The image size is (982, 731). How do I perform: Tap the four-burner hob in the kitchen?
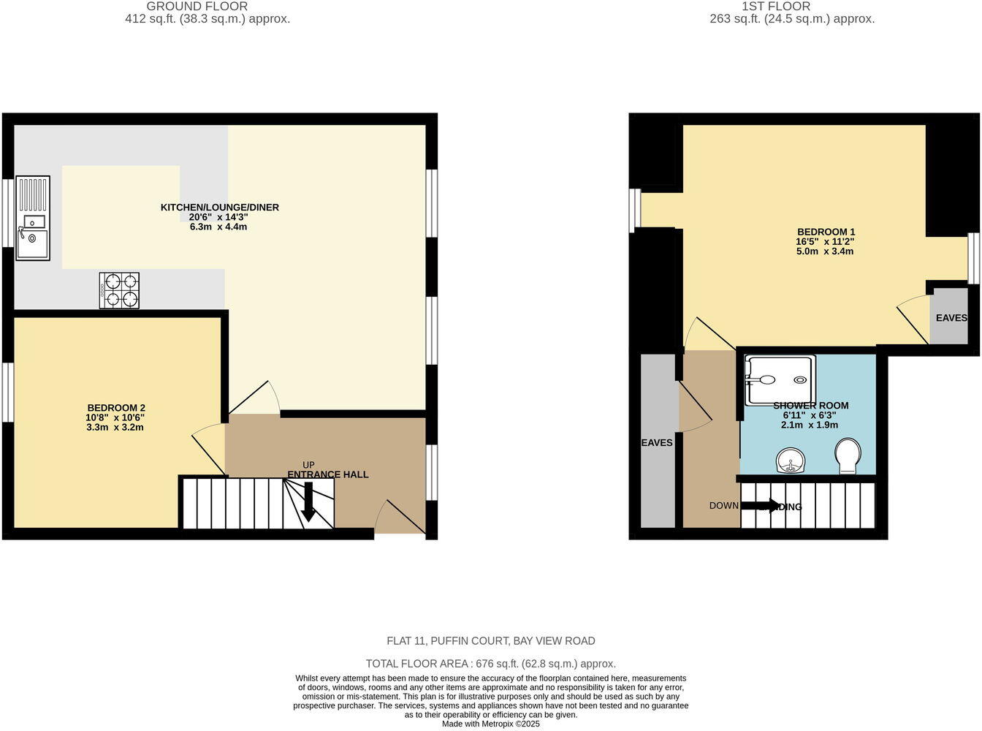120,290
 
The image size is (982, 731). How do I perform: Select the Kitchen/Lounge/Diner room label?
219,208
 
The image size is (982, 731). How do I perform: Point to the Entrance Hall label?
327,474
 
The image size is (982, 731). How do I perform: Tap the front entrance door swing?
399,518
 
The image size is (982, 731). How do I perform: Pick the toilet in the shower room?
848,456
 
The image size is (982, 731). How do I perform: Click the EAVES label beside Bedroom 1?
951,318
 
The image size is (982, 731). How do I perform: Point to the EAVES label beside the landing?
657,442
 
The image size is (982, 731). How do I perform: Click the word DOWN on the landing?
723,506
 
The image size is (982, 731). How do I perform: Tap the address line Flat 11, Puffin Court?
490,641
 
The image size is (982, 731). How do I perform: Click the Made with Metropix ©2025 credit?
490,724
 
